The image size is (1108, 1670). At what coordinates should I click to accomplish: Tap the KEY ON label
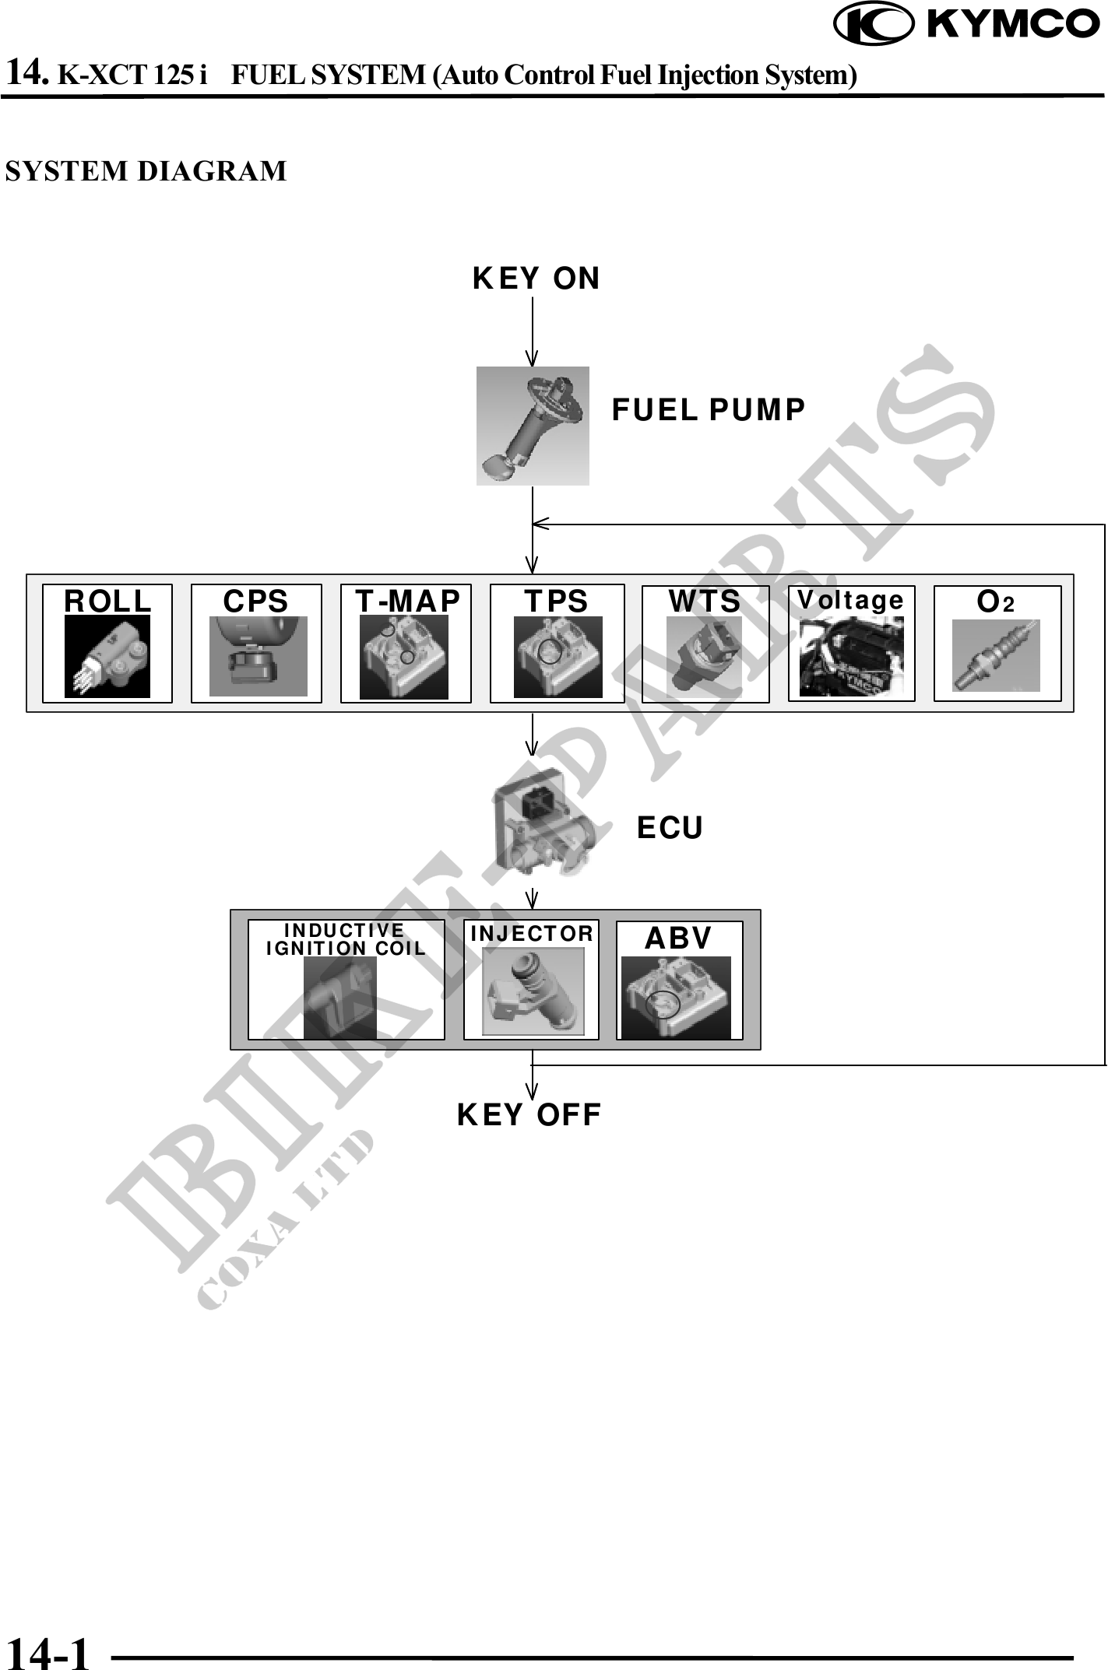(536, 279)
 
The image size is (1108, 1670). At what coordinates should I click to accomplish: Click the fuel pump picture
(533, 426)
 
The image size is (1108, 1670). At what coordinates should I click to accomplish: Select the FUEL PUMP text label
(708, 410)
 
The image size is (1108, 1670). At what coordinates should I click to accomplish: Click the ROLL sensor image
(107, 656)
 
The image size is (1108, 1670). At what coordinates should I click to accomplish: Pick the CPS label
(255, 602)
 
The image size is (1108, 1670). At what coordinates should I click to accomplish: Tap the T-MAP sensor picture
(404, 658)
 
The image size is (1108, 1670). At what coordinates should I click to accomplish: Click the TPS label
(556, 602)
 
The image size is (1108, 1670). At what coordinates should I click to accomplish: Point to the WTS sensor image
(704, 658)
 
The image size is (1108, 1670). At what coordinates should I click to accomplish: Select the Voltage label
(850, 600)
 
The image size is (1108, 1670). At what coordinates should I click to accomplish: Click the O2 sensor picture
(996, 656)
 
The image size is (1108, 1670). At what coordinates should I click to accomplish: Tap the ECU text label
(670, 828)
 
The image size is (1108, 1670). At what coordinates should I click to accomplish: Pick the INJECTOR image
(533, 991)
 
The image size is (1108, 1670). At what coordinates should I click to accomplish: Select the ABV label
(678, 938)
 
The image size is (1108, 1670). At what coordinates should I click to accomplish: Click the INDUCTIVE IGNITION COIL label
(346, 939)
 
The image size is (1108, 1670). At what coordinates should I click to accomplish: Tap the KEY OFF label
(529, 1115)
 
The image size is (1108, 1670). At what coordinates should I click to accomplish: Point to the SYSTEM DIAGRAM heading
(146, 171)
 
